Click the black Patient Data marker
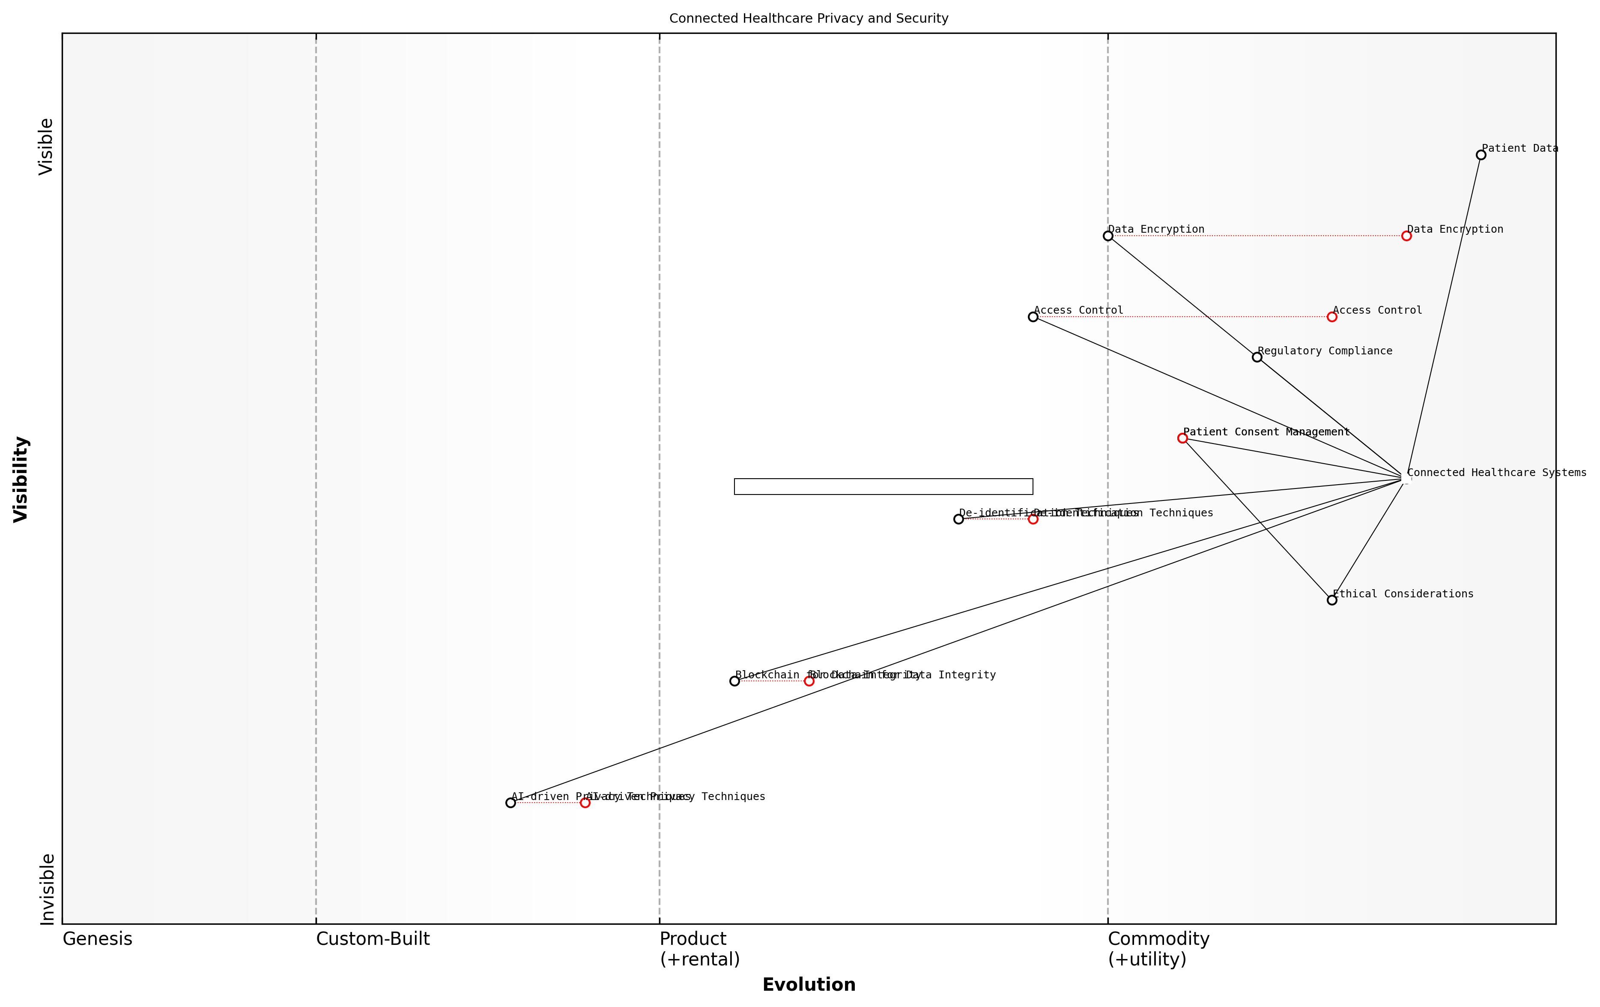pyautogui.click(x=1481, y=155)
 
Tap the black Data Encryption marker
pyautogui.click(x=1107, y=236)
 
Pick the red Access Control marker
pyautogui.click(x=1331, y=317)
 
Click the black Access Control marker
pyautogui.click(x=1033, y=317)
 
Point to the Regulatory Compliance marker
pyautogui.click(x=1257, y=357)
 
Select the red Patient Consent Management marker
pyautogui.click(x=1182, y=438)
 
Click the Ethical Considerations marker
pyautogui.click(x=1331, y=600)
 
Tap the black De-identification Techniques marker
pyautogui.click(x=958, y=519)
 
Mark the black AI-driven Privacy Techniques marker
pyautogui.click(x=510, y=803)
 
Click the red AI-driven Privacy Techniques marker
pyautogui.click(x=585, y=803)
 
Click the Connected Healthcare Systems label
pyautogui.click(x=1496, y=473)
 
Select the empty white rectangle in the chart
pyautogui.click(x=883, y=486)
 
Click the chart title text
pyautogui.click(x=808, y=18)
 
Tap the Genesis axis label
pyautogui.click(x=97, y=939)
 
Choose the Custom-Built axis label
pyautogui.click(x=373, y=939)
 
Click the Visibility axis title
pyautogui.click(x=21, y=479)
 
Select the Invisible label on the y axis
pyautogui.click(x=47, y=889)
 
